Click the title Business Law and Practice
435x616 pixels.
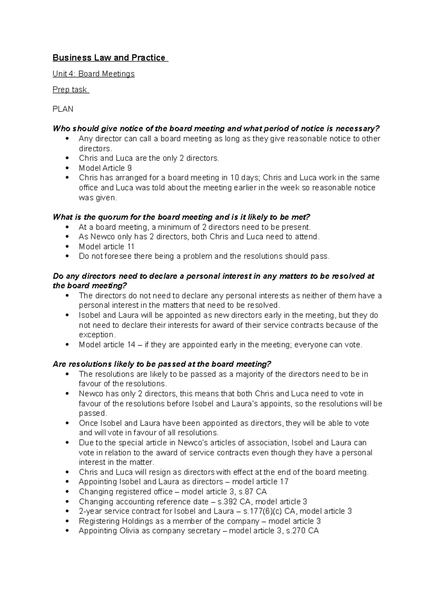(x=109, y=58)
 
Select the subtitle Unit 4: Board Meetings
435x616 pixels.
(x=94, y=74)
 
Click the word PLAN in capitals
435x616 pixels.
(x=63, y=109)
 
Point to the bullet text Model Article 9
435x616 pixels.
(x=105, y=168)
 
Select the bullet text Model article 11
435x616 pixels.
(x=107, y=247)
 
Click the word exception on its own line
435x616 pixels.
(x=96, y=334)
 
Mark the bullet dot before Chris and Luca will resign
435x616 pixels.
(x=67, y=472)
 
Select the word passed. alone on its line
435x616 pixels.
(x=93, y=413)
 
